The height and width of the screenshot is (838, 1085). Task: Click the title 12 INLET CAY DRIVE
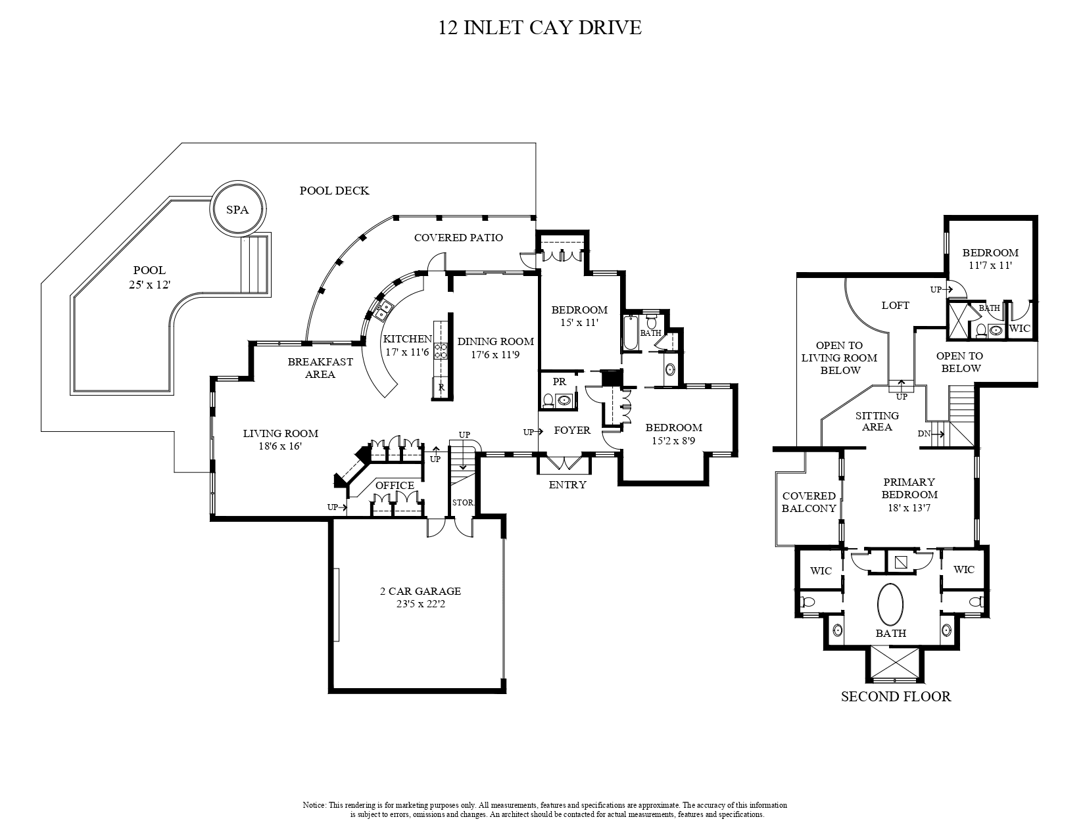pos(539,28)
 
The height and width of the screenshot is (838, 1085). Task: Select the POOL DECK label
pos(334,191)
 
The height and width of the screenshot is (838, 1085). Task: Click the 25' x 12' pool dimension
pos(149,285)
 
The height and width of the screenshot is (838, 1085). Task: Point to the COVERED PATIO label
pos(458,237)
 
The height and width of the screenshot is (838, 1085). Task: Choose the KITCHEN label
pos(407,339)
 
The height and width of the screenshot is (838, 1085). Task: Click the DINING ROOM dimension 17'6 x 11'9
pos(495,354)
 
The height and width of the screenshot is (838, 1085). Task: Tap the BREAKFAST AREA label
pos(320,368)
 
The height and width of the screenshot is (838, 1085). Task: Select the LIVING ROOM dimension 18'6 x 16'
pos(280,446)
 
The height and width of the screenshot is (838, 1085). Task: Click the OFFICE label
pos(395,486)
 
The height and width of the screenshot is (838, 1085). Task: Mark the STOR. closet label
pos(463,503)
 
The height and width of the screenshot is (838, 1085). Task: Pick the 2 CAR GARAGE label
pos(420,592)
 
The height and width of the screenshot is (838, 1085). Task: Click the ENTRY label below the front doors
pos(567,484)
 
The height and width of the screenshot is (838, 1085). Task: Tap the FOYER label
pos(572,431)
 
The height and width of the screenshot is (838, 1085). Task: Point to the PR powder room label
pos(559,382)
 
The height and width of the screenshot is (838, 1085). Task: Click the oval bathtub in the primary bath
pos(890,605)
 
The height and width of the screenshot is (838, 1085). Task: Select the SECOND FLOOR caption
pos(896,697)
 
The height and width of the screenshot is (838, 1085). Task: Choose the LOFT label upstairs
pos(895,306)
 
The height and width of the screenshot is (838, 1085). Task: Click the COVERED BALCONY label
pos(809,502)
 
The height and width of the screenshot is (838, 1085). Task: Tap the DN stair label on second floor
pos(924,434)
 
